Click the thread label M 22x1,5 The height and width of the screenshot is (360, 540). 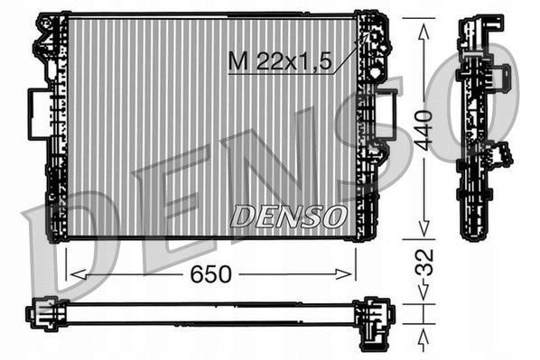click(281, 62)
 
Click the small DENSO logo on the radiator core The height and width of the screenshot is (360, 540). click(288, 216)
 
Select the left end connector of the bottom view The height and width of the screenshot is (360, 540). click(43, 314)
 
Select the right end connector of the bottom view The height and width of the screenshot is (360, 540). click(374, 316)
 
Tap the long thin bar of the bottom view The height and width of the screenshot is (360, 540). click(208, 314)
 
